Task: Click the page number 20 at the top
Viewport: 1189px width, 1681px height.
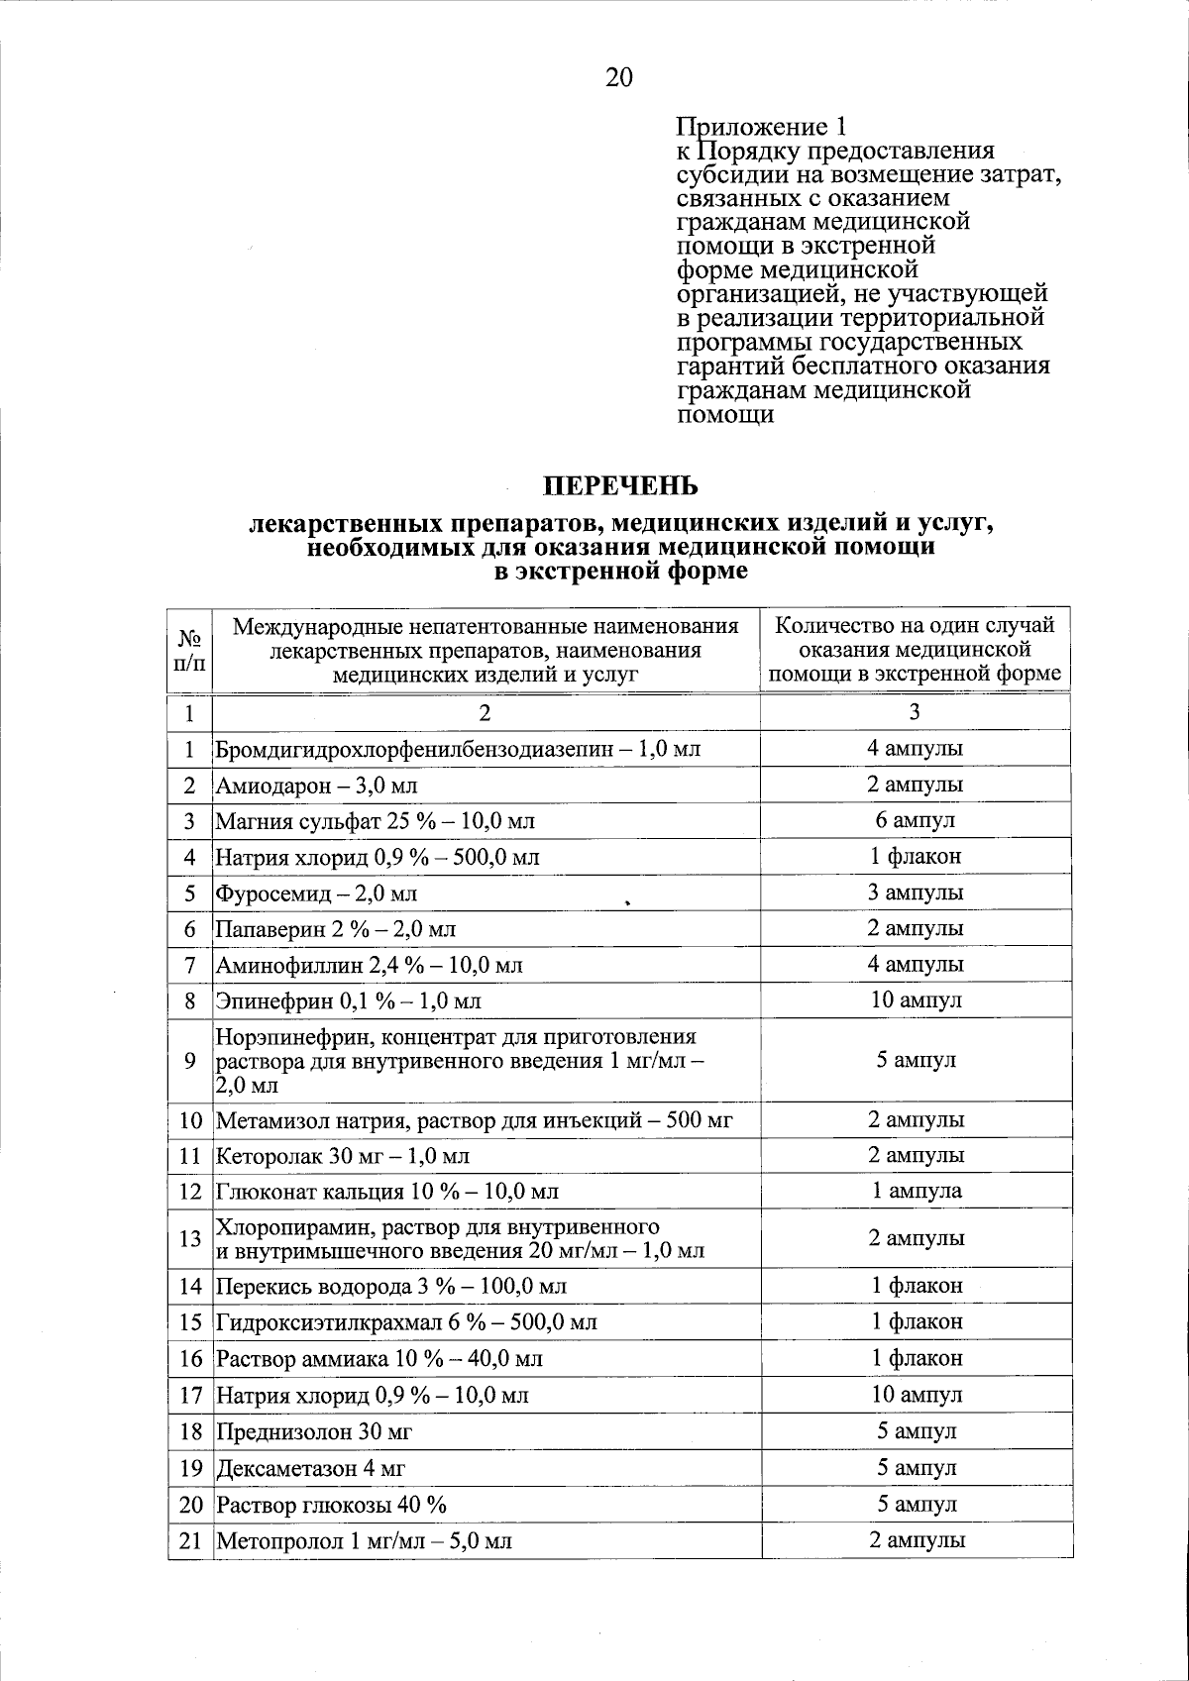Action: (x=618, y=78)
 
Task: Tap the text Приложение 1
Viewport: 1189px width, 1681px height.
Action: (x=761, y=127)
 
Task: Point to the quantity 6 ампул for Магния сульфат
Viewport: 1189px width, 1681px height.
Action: (x=914, y=820)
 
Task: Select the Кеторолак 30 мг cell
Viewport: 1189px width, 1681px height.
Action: (x=343, y=1156)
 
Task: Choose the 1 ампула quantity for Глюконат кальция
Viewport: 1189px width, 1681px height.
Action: (x=916, y=1191)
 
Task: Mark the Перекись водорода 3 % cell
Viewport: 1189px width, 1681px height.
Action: (x=390, y=1287)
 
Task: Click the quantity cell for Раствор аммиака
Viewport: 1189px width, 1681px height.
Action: (x=916, y=1358)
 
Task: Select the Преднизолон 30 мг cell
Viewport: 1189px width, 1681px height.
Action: (x=314, y=1432)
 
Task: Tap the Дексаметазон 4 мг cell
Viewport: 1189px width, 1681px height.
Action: (x=311, y=1469)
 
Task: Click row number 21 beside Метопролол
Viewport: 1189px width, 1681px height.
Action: (x=190, y=1541)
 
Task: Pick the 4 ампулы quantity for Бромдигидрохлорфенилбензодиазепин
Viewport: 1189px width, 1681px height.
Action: (x=915, y=749)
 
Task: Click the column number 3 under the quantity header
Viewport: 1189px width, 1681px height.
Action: (x=915, y=712)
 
